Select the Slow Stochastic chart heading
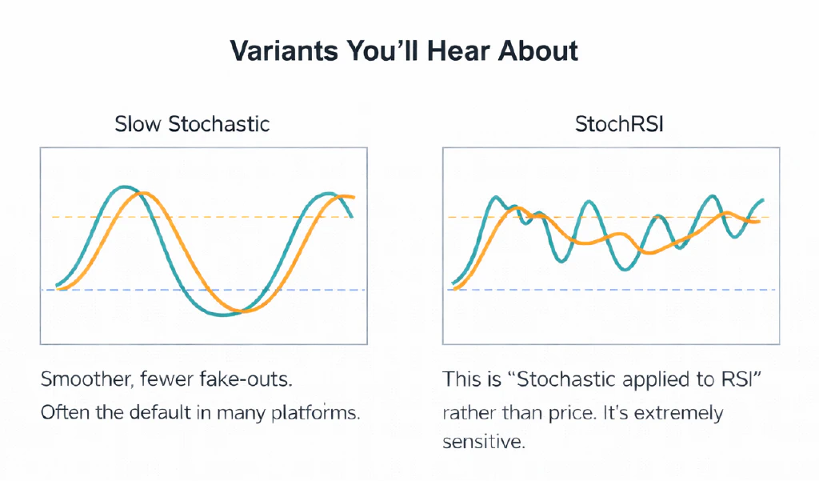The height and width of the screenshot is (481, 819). coord(192,124)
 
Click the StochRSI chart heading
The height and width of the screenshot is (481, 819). coord(611,124)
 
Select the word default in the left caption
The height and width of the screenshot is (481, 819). coord(188,415)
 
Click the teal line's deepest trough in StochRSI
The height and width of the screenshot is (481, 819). coord(626,270)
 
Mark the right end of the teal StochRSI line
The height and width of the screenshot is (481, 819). coord(763,200)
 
